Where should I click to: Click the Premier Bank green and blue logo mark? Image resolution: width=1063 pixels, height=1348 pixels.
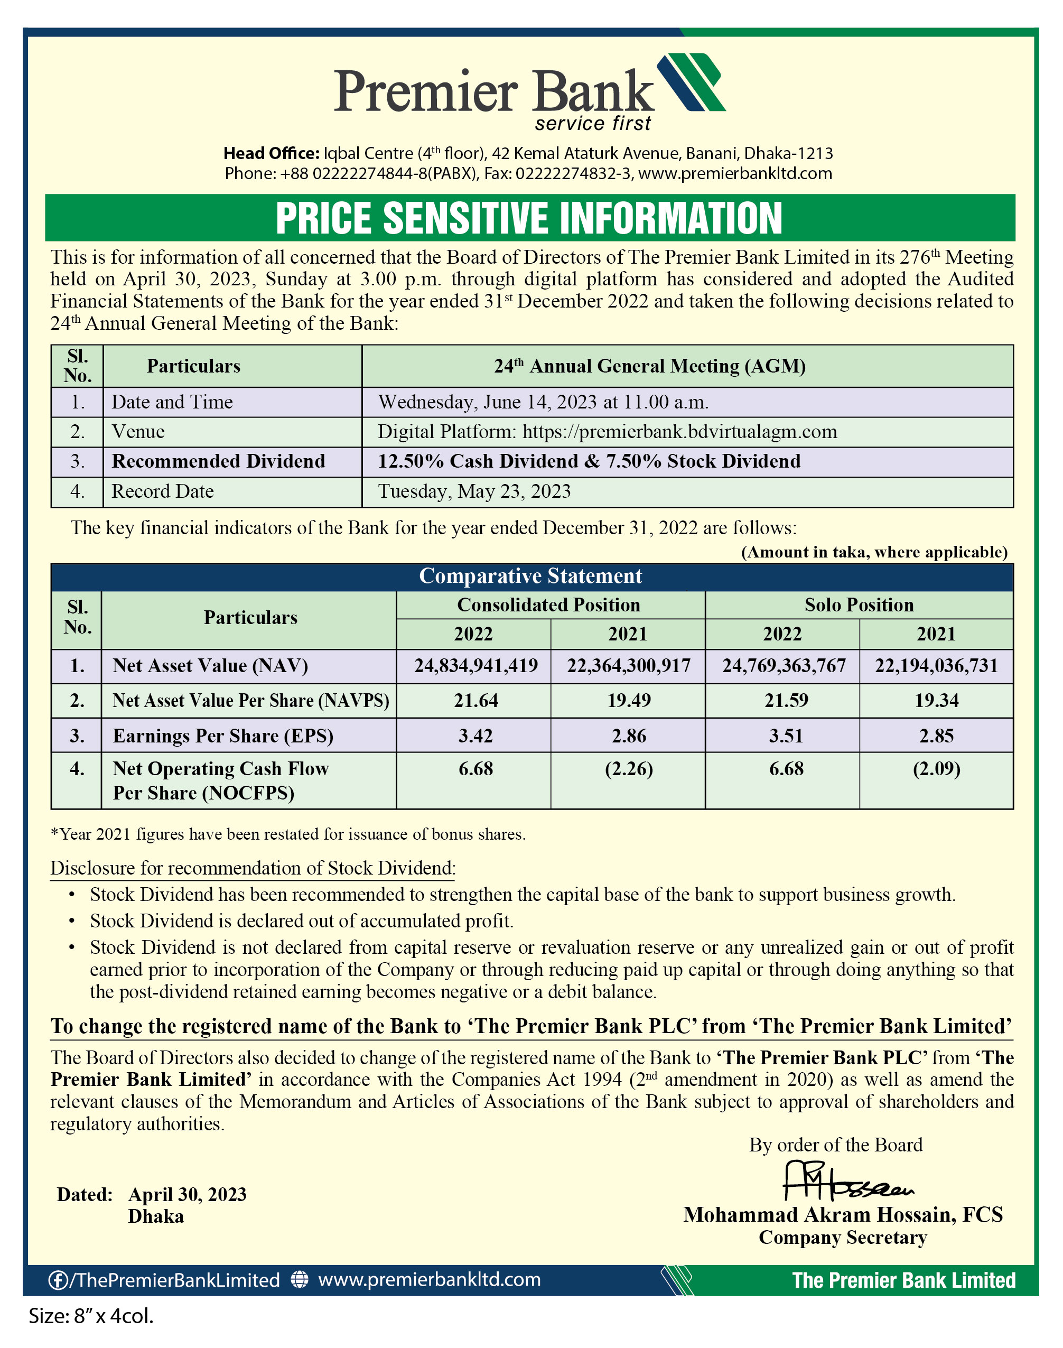(x=692, y=83)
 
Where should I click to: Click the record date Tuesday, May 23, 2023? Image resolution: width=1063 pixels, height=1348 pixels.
(x=474, y=491)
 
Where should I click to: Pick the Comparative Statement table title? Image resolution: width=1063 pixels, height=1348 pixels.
(x=530, y=577)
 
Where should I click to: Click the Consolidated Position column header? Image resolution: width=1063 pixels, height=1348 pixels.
(x=548, y=605)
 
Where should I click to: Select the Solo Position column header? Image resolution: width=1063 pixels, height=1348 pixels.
(x=859, y=605)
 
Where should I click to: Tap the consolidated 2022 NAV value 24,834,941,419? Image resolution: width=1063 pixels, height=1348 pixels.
(x=476, y=666)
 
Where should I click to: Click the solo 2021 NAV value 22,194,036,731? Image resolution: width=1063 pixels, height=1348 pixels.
(x=936, y=666)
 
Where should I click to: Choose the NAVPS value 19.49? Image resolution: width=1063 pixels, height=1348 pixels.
(x=629, y=701)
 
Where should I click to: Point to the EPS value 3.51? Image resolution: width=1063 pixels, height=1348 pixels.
(x=786, y=736)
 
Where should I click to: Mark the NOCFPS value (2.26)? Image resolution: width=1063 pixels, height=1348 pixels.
(x=629, y=769)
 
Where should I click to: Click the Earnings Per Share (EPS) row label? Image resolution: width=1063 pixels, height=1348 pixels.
(x=223, y=736)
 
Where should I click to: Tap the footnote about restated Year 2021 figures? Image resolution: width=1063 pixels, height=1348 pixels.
(x=287, y=834)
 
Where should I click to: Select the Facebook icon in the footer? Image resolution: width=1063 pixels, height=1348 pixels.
(x=58, y=1280)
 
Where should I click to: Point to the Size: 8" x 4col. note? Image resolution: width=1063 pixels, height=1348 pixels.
(x=91, y=1316)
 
